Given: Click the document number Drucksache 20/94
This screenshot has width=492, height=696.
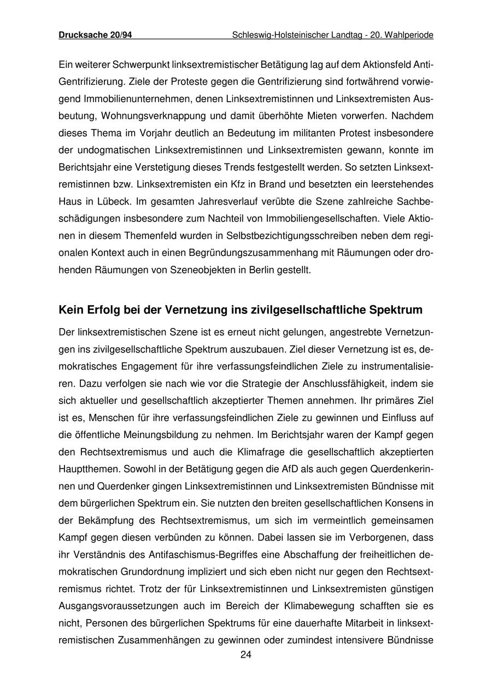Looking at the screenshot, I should point(95,35).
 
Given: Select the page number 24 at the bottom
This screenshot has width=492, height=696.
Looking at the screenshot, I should point(245,656).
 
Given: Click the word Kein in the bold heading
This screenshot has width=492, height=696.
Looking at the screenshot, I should point(71,310).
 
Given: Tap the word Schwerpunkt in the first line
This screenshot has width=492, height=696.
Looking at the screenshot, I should point(141,65).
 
